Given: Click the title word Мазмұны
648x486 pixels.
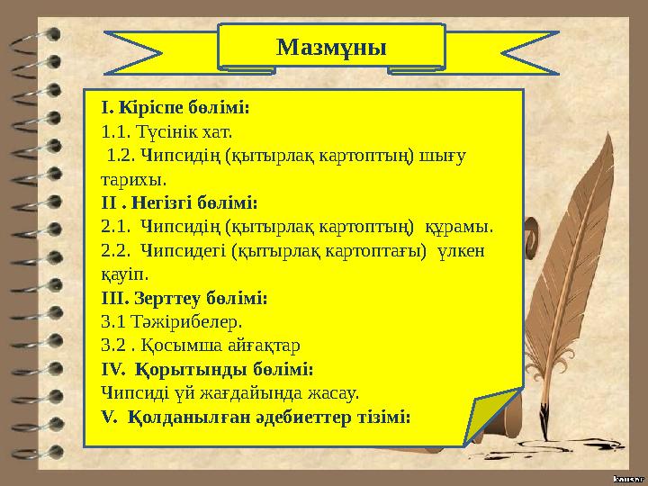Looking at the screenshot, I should (x=331, y=46).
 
